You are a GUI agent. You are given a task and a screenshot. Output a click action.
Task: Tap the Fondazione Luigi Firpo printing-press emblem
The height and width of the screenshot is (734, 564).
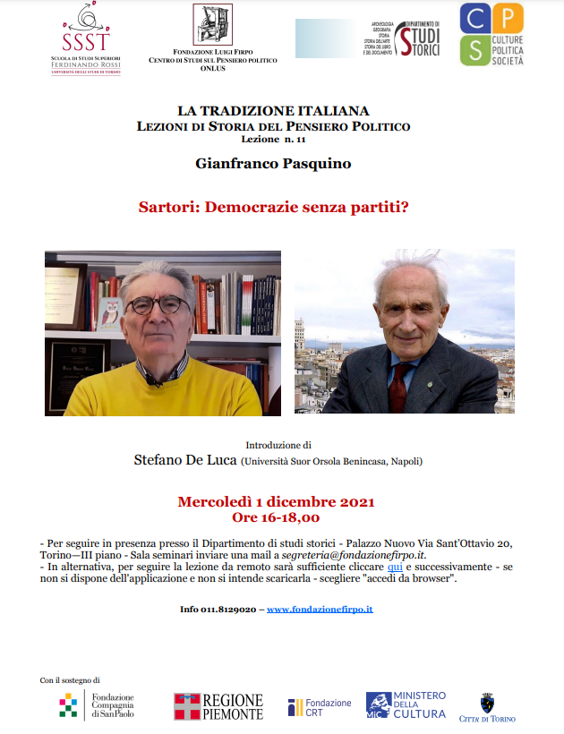coord(212,26)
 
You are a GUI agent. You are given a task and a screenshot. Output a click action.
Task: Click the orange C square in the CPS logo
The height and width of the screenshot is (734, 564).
coord(474,18)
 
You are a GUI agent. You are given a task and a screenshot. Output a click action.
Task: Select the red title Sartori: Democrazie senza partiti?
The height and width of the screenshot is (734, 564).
coord(273,207)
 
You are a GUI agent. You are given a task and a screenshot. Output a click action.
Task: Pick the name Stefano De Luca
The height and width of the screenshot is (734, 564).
coord(184,461)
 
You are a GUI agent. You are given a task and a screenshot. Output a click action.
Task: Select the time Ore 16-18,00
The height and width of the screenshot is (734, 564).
coord(276,517)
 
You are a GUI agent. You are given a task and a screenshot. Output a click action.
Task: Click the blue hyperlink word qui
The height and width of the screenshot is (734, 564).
coord(395,567)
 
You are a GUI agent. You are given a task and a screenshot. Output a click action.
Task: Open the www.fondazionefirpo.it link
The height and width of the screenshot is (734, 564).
coord(320,610)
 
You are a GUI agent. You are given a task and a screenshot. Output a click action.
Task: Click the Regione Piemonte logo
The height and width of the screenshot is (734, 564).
coord(218,706)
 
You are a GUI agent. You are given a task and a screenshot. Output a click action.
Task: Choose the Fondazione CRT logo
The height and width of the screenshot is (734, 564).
coord(320,707)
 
